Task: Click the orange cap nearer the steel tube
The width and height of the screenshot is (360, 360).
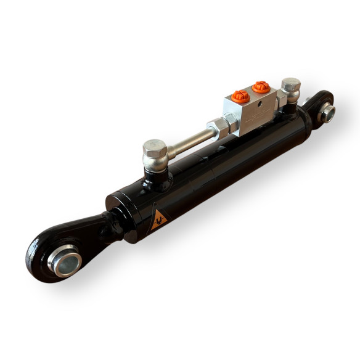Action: (239, 97)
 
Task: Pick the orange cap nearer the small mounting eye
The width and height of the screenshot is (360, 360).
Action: (261, 87)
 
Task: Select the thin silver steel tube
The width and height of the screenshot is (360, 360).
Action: (188, 140)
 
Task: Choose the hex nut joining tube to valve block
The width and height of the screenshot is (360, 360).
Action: (219, 128)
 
